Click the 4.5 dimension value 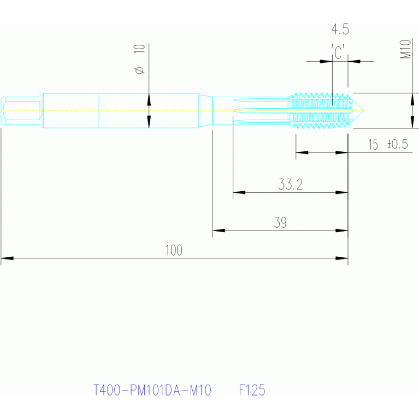[340, 29]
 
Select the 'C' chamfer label [338, 52]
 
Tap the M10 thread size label [405, 49]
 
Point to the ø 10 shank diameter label [139, 60]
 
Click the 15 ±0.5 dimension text [388, 144]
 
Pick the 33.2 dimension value [290, 185]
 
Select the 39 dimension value [280, 222]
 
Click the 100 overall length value [174, 250]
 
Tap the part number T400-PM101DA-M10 [152, 390]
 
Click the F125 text [252, 390]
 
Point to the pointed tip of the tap [363, 110]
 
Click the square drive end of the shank [21, 110]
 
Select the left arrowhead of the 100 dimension [7, 258]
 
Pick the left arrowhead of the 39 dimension [219, 231]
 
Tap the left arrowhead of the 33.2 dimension [239, 192]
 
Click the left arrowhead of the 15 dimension [302, 152]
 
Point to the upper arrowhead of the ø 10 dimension [149, 99]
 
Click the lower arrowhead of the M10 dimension [412, 122]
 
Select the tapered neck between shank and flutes [205, 110]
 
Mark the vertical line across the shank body [98, 111]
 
